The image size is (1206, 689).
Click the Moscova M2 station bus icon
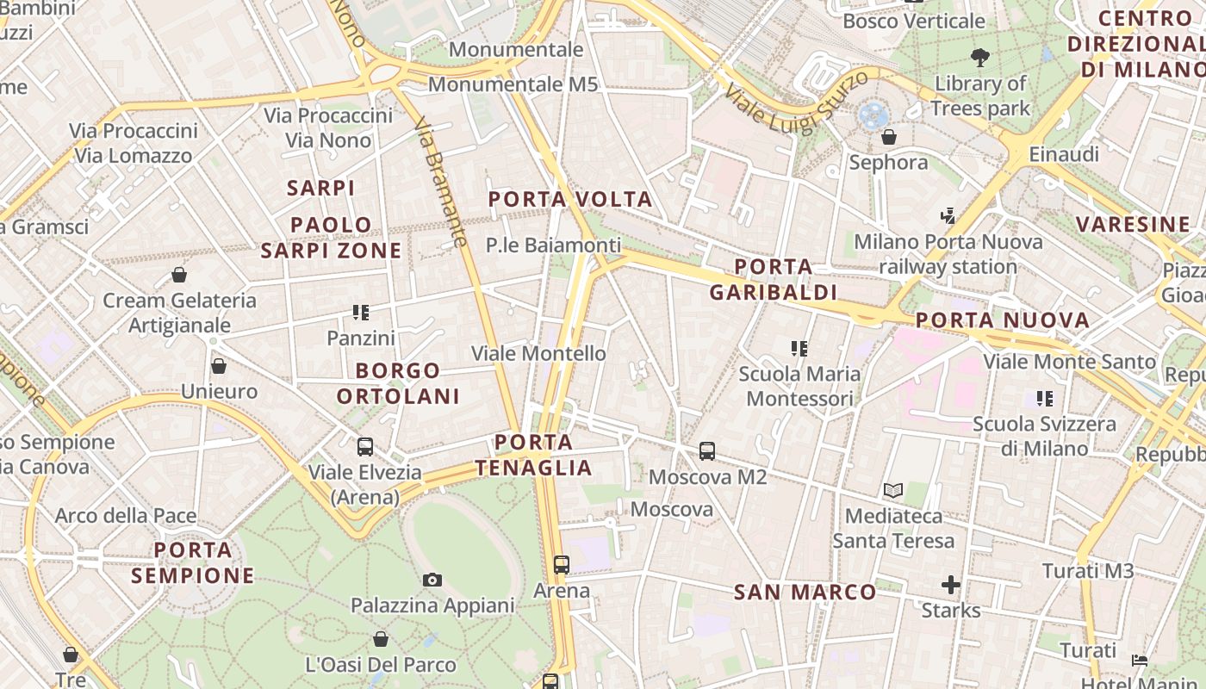point(707,450)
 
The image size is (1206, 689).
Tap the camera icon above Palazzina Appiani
point(432,580)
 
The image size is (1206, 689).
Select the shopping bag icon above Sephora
point(889,137)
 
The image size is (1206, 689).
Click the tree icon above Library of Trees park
point(979,59)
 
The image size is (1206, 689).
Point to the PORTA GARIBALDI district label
point(774,279)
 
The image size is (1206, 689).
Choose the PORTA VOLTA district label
point(570,200)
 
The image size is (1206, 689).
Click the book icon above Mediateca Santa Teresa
point(893,491)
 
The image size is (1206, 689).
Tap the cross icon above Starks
point(951,586)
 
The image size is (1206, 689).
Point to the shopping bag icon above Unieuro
point(219,366)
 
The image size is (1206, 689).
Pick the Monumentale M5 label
point(513,84)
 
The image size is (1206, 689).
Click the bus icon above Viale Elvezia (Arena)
point(365,447)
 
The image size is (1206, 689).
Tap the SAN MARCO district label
point(805,593)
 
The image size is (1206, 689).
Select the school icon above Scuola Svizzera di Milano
point(1045,399)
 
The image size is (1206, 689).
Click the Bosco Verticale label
point(914,21)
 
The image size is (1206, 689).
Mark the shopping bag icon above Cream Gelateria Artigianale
point(179,275)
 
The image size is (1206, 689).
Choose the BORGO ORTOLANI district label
point(398,383)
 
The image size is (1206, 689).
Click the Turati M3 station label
point(1088,571)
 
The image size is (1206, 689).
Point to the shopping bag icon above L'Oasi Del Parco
point(381,639)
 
